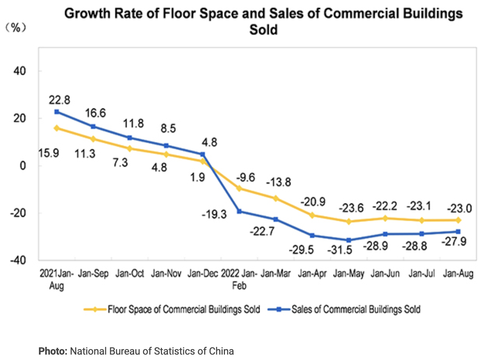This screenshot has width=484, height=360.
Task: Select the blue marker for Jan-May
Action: [349, 240]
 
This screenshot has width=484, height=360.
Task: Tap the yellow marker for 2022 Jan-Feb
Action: [239, 188]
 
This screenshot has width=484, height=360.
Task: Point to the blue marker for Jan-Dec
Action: [203, 154]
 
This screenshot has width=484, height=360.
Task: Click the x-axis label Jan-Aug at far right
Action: [458, 274]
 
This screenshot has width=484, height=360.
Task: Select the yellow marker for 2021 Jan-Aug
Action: [56, 128]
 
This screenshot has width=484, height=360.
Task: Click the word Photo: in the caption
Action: [53, 351]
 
